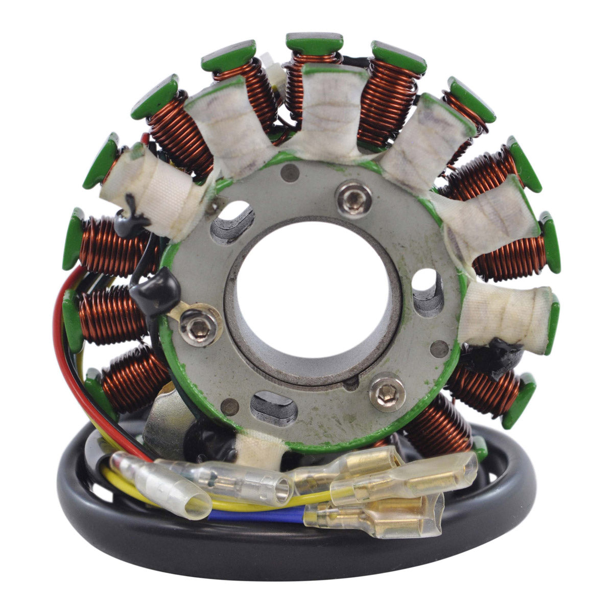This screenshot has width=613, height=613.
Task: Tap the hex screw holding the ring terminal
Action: [x=198, y=327]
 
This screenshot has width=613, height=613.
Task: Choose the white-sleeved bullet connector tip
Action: [x=192, y=498]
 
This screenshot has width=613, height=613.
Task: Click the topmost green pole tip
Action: [x=314, y=43]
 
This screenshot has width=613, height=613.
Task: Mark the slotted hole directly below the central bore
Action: [x=274, y=406]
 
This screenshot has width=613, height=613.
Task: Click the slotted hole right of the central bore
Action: [x=428, y=291]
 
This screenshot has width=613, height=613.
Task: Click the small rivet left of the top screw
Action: [x=290, y=173]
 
